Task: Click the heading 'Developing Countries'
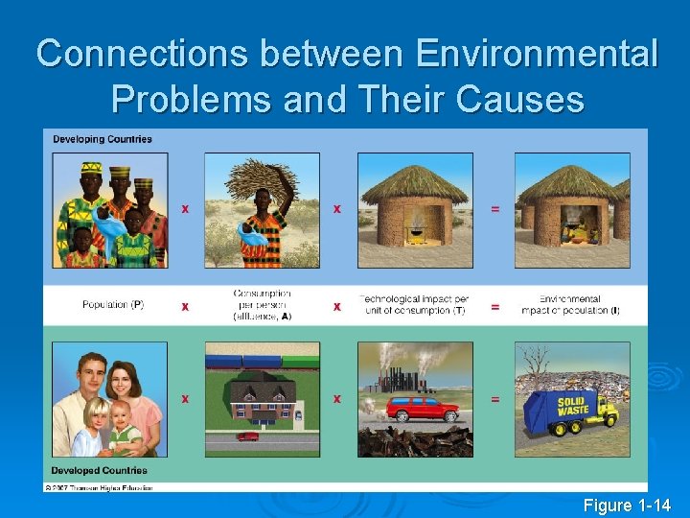(103, 140)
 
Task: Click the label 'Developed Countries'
(100, 470)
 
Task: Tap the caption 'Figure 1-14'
(627, 505)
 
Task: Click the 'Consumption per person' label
(262, 304)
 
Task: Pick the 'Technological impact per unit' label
(413, 305)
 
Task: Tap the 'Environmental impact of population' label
(570, 305)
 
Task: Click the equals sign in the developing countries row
(494, 208)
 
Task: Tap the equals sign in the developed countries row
(494, 398)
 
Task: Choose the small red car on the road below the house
(247, 437)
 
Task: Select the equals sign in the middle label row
(494, 307)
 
